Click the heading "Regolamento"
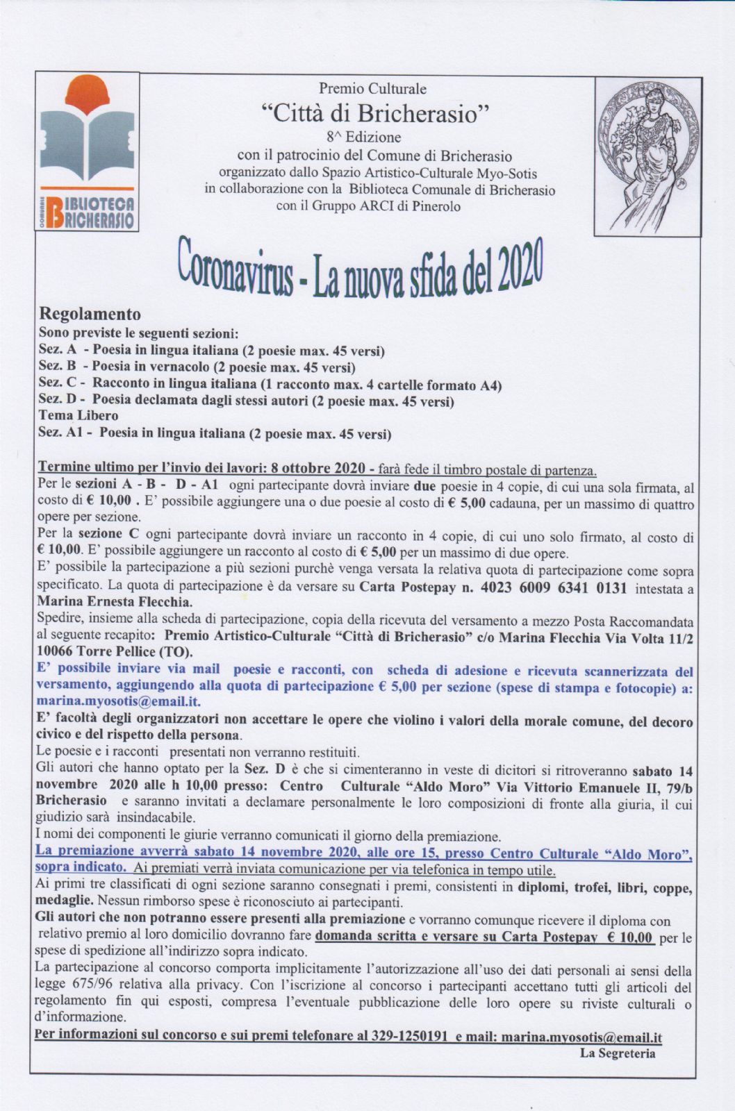click(90, 315)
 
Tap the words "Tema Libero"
click(79, 417)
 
